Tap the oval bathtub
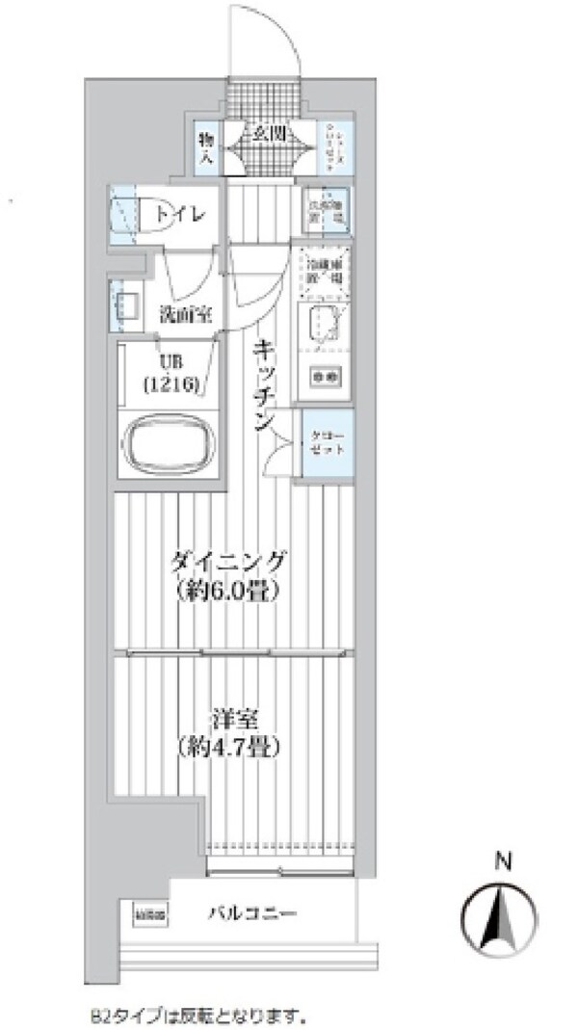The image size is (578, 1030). [170, 442]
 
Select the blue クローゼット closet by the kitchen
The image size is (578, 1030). [328, 444]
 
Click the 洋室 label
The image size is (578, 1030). [228, 718]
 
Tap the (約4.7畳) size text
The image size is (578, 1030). [228, 745]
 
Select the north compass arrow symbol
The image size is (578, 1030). [500, 912]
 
